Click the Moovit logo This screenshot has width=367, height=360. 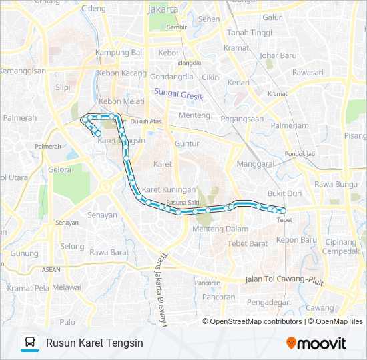tap(316, 343)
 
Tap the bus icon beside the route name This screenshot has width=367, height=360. tap(30, 343)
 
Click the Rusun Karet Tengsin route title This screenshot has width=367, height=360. tap(95, 343)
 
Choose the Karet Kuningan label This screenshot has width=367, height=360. tap(169, 189)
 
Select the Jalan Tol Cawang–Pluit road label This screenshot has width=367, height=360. tap(284, 280)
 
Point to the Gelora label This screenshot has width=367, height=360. tap(59, 169)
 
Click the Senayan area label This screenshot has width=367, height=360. tap(103, 215)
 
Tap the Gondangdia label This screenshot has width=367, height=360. tap(171, 77)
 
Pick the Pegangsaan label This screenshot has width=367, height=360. tap(242, 119)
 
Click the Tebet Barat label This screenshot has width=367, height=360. tap(248, 243)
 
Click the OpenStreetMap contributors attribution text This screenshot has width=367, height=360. tap(253, 321)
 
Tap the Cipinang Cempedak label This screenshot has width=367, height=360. tap(341, 246)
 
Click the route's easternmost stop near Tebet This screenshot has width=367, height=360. tap(284, 211)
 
